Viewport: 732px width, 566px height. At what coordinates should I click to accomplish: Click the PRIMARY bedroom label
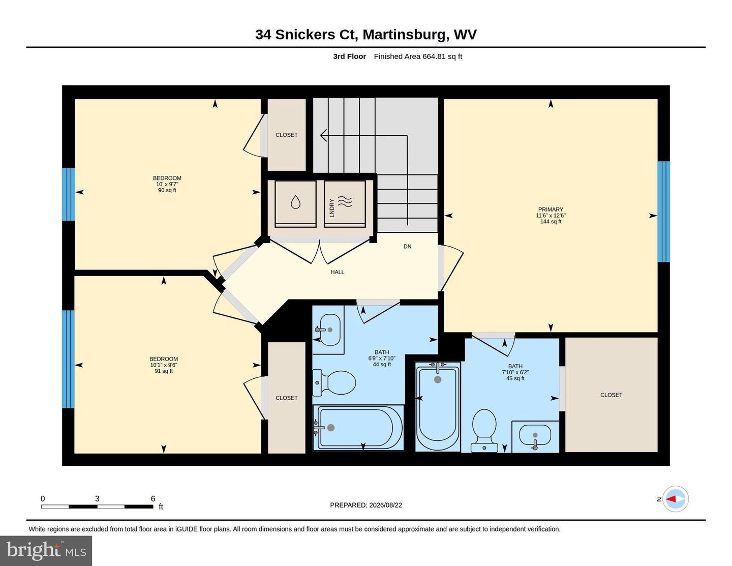(x=551, y=209)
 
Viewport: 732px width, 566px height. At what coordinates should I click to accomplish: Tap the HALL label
(x=337, y=272)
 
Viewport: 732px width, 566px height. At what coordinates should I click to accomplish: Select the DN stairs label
(x=407, y=246)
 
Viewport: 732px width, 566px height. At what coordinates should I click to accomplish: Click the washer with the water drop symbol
(x=295, y=204)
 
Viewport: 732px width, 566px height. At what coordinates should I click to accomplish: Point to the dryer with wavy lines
(x=345, y=204)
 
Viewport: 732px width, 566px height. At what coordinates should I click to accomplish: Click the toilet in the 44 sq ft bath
(x=334, y=382)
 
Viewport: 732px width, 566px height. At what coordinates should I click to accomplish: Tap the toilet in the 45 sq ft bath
(x=484, y=430)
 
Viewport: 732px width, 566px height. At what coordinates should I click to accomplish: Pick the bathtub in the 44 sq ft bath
(x=358, y=428)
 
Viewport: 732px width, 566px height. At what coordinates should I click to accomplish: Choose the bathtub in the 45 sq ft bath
(x=438, y=406)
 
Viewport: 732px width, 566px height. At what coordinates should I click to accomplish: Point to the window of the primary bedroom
(x=663, y=212)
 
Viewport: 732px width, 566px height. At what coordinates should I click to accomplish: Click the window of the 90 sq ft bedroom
(x=69, y=194)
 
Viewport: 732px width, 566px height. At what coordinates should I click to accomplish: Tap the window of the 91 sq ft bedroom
(x=69, y=359)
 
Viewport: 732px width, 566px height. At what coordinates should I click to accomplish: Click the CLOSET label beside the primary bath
(x=611, y=395)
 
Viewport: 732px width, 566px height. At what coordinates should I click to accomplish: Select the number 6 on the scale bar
(x=153, y=498)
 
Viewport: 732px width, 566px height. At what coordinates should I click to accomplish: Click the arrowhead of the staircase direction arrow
(x=323, y=135)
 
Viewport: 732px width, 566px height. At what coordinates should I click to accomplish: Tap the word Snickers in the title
(x=305, y=35)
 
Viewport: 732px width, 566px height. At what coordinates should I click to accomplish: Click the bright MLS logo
(x=46, y=551)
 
